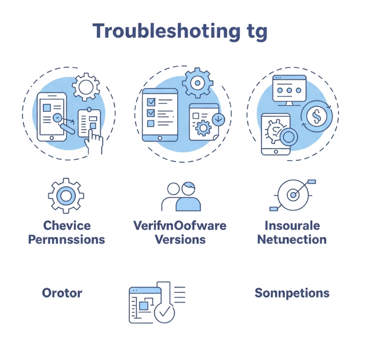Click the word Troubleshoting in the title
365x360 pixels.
pyautogui.click(x=162, y=31)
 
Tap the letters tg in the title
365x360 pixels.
pyautogui.click(x=254, y=32)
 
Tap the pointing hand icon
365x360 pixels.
pyautogui.click(x=93, y=139)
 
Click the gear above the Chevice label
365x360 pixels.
pyautogui.click(x=66, y=196)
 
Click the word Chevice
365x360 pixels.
pyautogui.click(x=67, y=225)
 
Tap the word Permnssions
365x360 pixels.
pyautogui.click(x=67, y=239)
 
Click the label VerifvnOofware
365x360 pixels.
pyautogui.click(x=180, y=225)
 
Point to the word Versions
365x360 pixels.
pyautogui.click(x=180, y=239)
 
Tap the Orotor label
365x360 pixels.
pyautogui.click(x=62, y=292)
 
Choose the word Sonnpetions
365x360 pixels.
pyautogui.click(x=292, y=293)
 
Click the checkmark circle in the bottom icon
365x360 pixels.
pyautogui.click(x=166, y=313)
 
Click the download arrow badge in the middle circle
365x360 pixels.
pyautogui.click(x=219, y=120)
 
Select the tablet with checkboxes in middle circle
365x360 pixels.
pyautogui.click(x=160, y=115)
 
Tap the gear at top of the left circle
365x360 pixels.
pyautogui.click(x=86, y=87)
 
